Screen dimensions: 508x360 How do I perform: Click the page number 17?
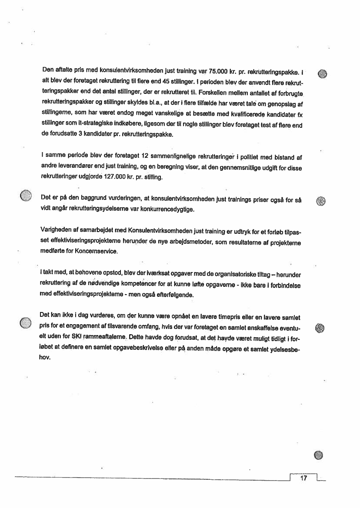(x=303, y=478)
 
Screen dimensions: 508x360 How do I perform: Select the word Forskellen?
(x=216, y=92)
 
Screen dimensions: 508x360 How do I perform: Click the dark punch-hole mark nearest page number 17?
(x=319, y=455)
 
